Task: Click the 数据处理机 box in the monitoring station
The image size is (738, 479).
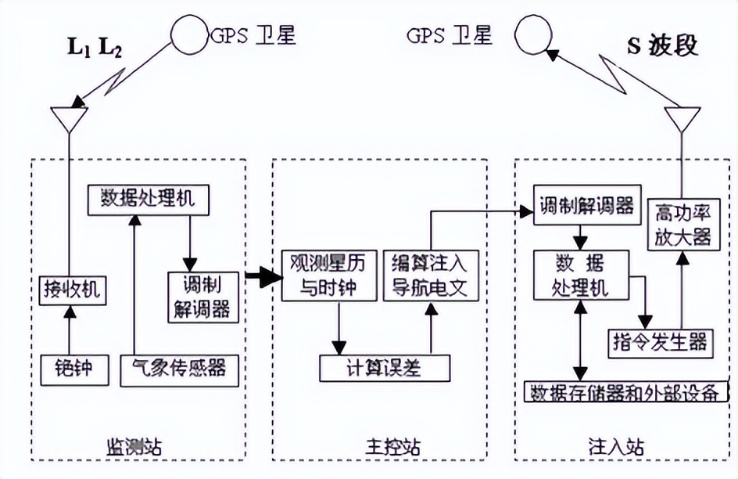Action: tap(148, 200)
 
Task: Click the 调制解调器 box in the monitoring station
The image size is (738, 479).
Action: tap(201, 296)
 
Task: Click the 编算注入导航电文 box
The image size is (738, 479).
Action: tap(430, 275)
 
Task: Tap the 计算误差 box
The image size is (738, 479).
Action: tap(385, 366)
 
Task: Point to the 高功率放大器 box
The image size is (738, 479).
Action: tap(683, 224)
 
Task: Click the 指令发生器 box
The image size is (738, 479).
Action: tap(660, 342)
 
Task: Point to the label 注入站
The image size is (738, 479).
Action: tap(616, 448)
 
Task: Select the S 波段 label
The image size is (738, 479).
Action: tap(662, 45)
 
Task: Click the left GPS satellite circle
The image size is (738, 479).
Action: tap(188, 36)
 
